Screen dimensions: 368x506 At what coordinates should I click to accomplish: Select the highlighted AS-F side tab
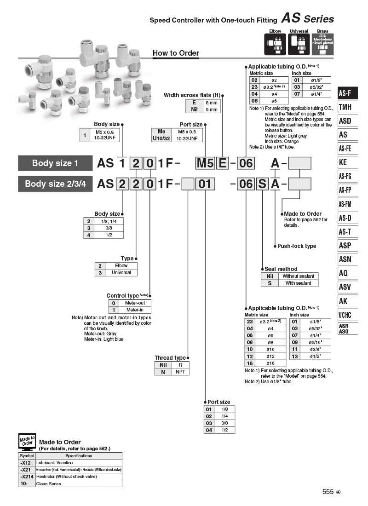[348, 93]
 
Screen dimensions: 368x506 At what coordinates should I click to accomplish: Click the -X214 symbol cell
[27, 476]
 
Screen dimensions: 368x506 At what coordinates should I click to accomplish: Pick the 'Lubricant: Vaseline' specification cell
[79, 462]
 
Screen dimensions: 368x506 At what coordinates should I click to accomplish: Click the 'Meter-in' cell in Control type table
[135, 310]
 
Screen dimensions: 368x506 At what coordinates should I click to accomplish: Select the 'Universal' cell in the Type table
[121, 272]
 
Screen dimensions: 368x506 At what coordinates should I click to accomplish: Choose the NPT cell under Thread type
[180, 372]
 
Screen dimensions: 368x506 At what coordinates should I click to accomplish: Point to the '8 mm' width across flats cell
[212, 103]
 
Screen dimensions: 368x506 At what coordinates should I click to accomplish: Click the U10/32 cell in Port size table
[161, 138]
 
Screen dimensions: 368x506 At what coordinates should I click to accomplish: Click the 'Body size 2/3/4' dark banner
[55, 184]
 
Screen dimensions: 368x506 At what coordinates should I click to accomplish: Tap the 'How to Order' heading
[176, 53]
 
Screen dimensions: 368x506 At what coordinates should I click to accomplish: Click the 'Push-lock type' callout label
[297, 246]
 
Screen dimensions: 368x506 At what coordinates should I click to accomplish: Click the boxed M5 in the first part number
[205, 163]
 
